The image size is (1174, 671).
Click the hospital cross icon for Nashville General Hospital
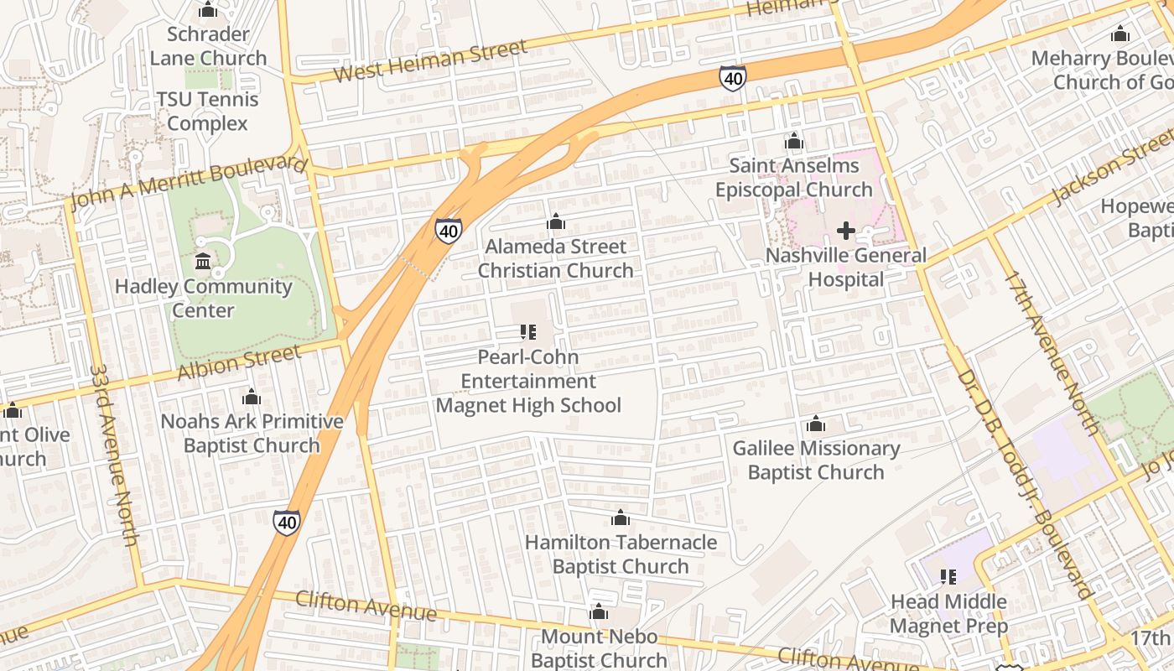click(x=846, y=230)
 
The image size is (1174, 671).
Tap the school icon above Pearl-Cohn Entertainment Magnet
click(x=527, y=332)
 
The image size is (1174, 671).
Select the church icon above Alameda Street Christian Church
click(x=555, y=222)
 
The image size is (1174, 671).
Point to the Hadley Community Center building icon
click(x=203, y=262)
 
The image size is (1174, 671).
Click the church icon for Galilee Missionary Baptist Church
click(x=816, y=424)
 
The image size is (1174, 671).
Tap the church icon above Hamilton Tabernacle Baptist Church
click(x=621, y=518)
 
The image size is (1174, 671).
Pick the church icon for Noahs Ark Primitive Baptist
click(x=252, y=397)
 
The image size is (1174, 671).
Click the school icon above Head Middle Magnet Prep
click(x=948, y=577)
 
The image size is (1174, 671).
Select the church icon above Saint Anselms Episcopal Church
click(x=793, y=141)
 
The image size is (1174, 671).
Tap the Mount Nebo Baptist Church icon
click(x=599, y=612)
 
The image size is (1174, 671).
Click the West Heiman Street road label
click(x=430, y=60)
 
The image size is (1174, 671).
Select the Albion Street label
click(x=239, y=362)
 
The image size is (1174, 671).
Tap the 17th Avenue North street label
click(x=1052, y=352)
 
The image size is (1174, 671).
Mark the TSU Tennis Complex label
click(x=207, y=112)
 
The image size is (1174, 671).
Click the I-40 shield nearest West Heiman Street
click(x=732, y=78)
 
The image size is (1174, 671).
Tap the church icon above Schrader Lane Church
click(x=207, y=10)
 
